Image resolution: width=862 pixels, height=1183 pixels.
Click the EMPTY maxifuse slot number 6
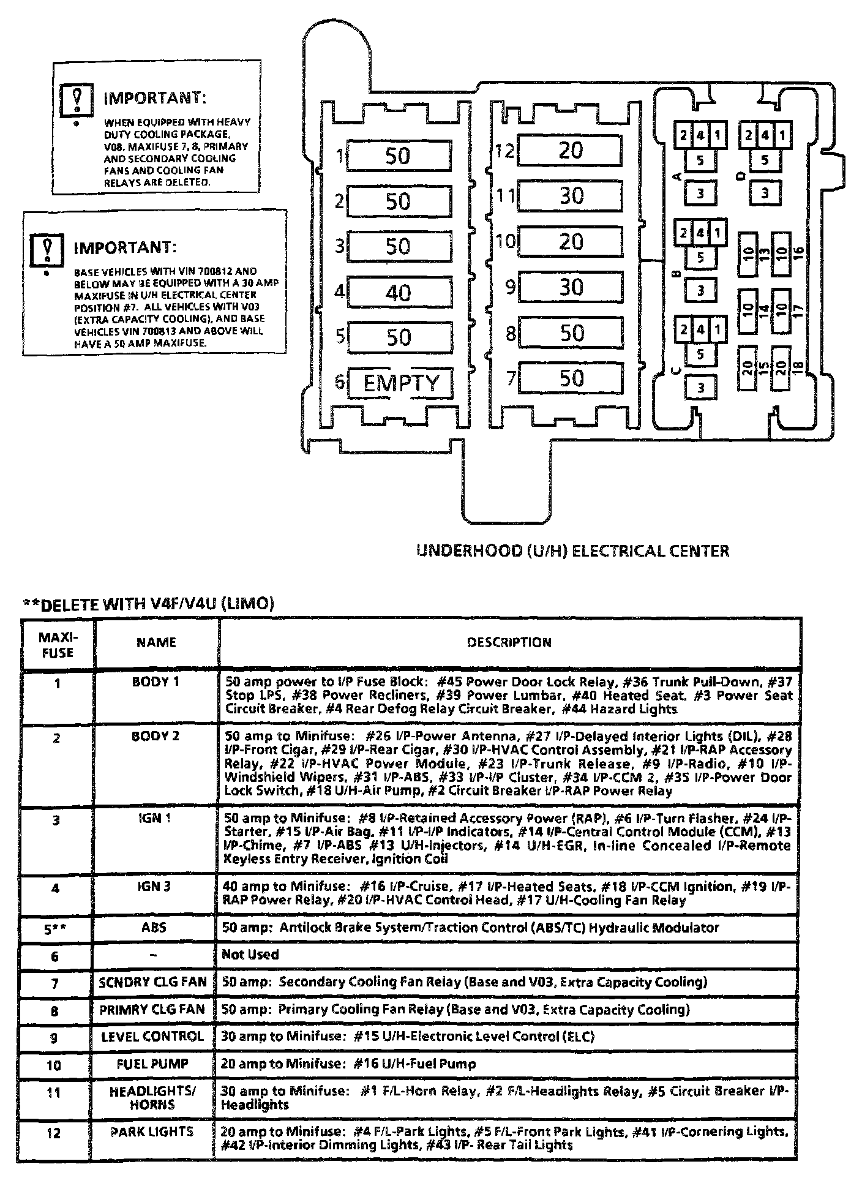(x=400, y=383)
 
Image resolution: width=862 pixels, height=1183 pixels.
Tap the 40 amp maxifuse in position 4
(x=399, y=292)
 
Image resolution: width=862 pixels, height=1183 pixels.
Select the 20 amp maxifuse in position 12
(x=570, y=150)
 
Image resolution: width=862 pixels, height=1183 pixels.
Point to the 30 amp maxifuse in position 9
(x=570, y=287)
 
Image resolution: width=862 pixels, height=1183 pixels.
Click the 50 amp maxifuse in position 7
(x=570, y=378)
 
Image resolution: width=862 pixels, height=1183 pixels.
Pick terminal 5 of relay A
(x=700, y=161)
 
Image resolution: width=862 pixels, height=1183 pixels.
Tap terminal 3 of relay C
(x=700, y=387)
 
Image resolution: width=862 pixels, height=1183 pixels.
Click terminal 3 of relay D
(x=765, y=193)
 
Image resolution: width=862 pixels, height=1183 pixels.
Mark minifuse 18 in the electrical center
(x=781, y=368)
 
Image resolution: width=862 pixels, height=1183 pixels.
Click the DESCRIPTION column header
(x=509, y=642)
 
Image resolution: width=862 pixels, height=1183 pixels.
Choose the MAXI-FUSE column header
(x=58, y=643)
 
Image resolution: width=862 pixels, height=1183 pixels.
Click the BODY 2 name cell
(x=156, y=736)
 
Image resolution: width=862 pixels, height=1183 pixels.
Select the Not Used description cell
(x=250, y=955)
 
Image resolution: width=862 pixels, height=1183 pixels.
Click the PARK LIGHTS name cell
(x=152, y=1132)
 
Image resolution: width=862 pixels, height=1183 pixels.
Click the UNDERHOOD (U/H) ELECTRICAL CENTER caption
(x=572, y=551)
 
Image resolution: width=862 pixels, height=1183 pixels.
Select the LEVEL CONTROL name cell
(x=152, y=1036)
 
